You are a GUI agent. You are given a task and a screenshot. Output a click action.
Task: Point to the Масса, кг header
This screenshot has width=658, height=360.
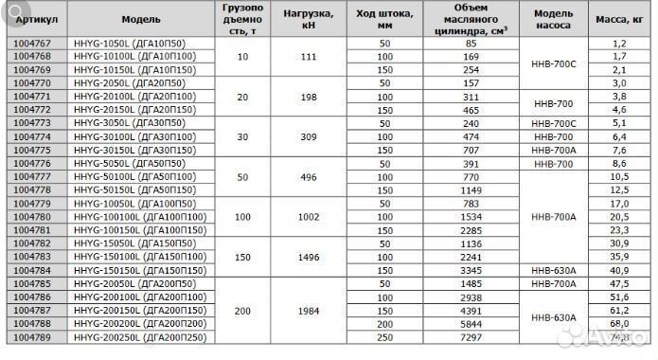[x=620, y=18]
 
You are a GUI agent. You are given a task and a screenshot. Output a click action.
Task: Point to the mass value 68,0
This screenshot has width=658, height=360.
[x=620, y=323]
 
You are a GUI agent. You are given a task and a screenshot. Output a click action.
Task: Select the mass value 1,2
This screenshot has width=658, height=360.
[x=620, y=44]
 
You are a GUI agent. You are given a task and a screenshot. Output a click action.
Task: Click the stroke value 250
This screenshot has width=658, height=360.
[x=383, y=336]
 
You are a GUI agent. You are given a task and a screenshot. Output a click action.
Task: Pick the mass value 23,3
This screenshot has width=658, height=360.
[x=620, y=229]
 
